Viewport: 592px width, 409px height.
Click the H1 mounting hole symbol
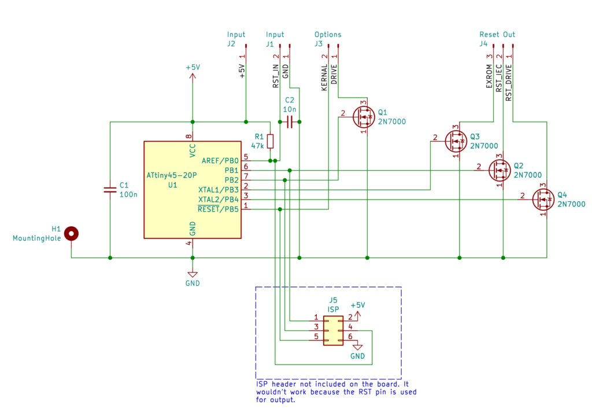tap(71, 234)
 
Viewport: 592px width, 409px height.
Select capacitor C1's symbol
tap(110, 190)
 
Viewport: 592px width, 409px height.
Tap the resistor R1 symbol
tap(271, 141)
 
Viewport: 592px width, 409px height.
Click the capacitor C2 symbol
tap(290, 122)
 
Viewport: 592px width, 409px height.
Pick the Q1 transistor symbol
tap(364, 117)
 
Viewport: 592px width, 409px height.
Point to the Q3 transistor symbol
tap(456, 141)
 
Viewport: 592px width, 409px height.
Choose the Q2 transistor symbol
tap(499, 170)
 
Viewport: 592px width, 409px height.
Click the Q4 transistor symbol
tap(543, 200)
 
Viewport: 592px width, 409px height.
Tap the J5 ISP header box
tap(334, 331)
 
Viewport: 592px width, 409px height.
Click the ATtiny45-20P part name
tap(172, 175)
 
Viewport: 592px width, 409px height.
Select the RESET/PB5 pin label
tap(218, 209)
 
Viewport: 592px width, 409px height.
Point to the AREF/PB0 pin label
tap(220, 161)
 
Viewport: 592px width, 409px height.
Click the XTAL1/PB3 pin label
tap(219, 190)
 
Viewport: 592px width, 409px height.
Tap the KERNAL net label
tap(324, 77)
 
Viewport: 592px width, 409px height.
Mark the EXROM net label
tap(489, 76)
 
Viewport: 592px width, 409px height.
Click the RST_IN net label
tap(276, 76)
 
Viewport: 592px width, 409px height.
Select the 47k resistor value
tap(257, 146)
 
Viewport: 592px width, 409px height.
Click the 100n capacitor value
tap(128, 194)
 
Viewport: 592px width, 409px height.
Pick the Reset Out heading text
tap(497, 34)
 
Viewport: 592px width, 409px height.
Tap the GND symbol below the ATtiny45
tap(193, 275)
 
